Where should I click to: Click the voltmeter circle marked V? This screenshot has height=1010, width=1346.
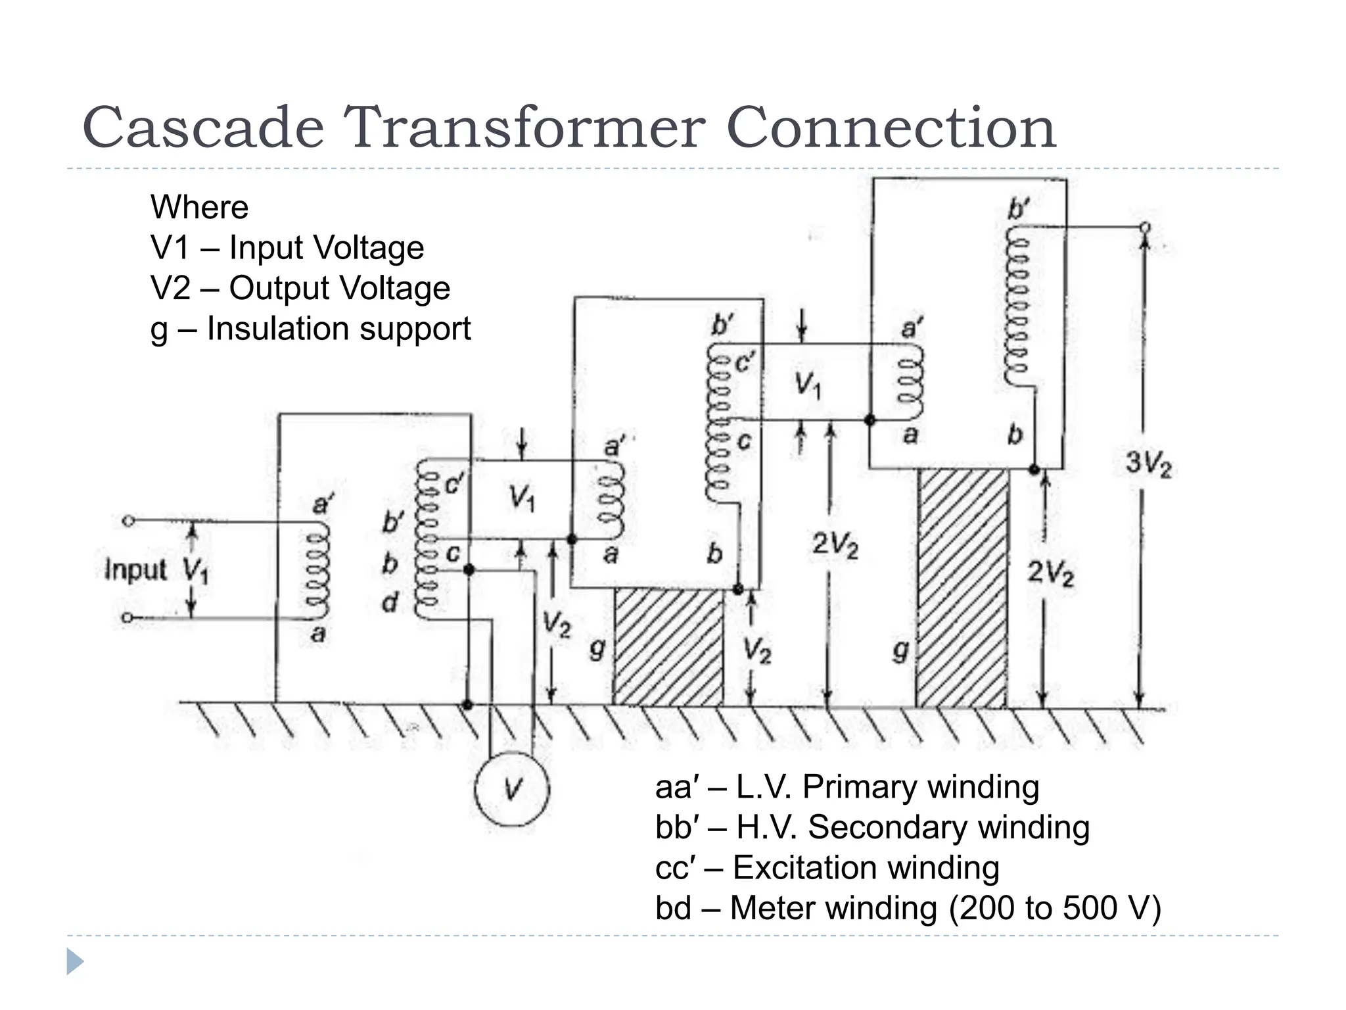512,788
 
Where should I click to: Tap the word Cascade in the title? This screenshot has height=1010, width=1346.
203,128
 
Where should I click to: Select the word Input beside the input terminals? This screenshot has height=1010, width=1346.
136,569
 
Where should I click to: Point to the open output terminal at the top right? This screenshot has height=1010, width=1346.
1145,228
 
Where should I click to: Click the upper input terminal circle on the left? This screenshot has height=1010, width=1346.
129,521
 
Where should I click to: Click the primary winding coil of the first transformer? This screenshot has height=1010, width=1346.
317,571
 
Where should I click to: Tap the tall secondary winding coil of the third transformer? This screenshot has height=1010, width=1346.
1017,306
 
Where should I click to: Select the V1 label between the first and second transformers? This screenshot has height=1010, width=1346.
522,498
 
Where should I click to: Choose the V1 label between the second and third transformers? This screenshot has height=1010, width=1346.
808,385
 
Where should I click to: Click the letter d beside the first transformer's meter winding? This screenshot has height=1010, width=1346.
390,602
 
